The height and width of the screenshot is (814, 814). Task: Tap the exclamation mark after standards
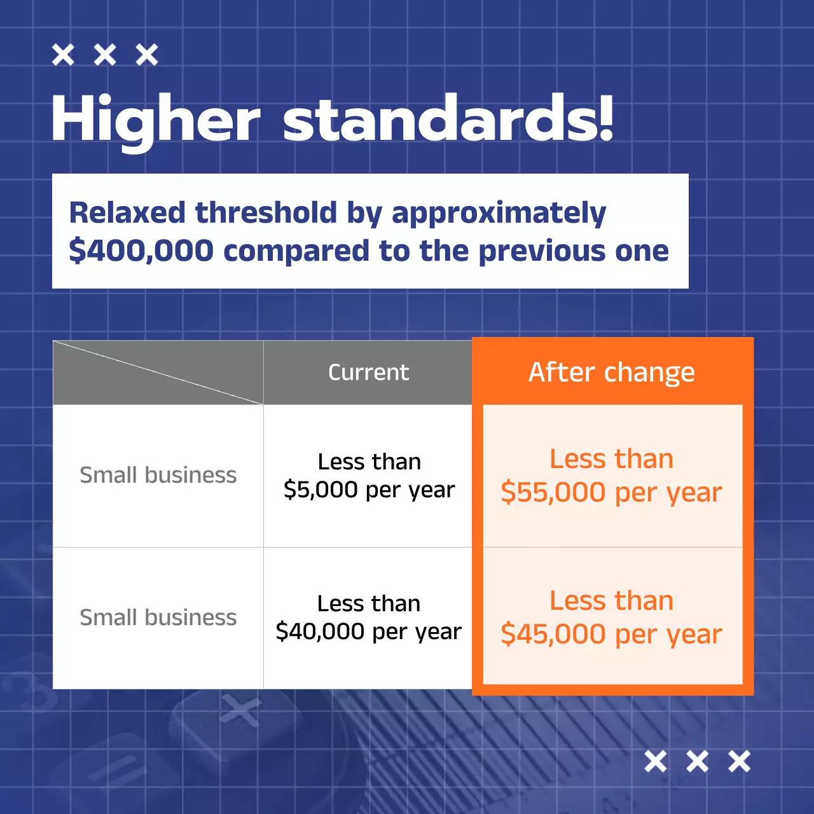click(x=605, y=118)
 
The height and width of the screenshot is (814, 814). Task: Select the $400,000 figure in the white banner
click(x=141, y=251)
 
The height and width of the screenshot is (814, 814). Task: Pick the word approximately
click(x=499, y=214)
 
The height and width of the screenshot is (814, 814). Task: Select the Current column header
click(x=368, y=372)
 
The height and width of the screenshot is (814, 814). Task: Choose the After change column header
click(x=611, y=372)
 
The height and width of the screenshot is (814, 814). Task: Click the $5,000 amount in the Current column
click(x=321, y=490)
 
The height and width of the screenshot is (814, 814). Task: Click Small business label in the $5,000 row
click(x=158, y=475)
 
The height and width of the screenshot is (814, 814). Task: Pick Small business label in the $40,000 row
click(x=158, y=617)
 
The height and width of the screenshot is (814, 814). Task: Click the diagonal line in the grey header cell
click(x=158, y=373)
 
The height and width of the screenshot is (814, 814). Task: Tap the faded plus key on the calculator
click(x=240, y=710)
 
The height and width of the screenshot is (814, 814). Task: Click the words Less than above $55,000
click(x=611, y=459)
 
